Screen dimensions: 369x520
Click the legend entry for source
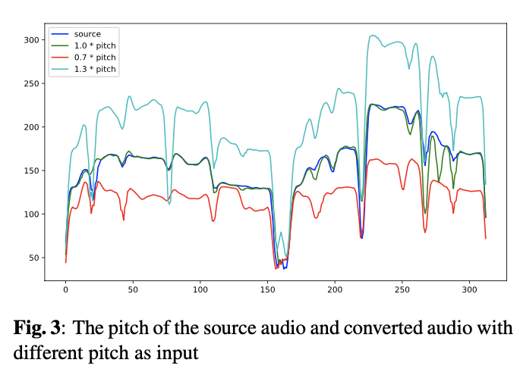[87, 34]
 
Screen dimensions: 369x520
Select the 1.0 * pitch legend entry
[95, 45]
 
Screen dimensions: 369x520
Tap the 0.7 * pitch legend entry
[95, 58]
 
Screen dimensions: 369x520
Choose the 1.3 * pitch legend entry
[95, 69]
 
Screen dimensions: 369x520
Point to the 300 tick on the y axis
[30, 39]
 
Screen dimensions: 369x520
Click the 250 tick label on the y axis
[30, 83]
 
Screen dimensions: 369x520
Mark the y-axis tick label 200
[30, 127]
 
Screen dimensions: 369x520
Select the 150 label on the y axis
[30, 170]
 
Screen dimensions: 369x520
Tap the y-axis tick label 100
[30, 214]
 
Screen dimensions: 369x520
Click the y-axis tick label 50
[33, 258]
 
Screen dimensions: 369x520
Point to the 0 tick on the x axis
[65, 289]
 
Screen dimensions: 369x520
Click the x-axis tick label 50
[133, 289]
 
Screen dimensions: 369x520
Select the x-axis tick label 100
[200, 289]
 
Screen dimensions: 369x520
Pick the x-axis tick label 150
[267, 289]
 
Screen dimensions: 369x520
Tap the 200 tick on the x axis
[334, 289]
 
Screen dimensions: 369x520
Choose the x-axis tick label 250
[402, 289]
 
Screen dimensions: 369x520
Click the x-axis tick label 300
[468, 289]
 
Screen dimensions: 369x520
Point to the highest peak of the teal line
[373, 35]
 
